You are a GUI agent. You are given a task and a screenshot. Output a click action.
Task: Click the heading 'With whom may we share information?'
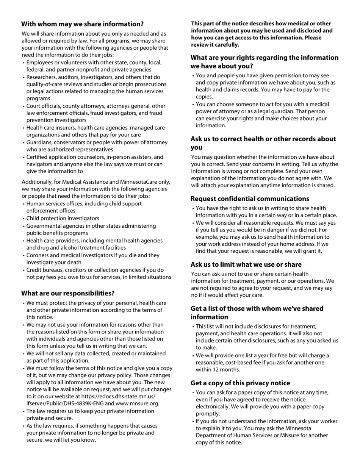(82, 24)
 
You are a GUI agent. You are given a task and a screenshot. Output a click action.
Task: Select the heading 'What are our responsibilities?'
(68, 293)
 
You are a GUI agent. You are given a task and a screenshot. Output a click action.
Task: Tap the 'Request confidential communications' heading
(250, 199)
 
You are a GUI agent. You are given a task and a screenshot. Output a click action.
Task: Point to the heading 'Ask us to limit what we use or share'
(246, 264)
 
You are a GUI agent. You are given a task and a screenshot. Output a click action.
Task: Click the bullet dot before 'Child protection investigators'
(24, 219)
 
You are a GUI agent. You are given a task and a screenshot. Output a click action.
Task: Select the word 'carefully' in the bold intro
(227, 45)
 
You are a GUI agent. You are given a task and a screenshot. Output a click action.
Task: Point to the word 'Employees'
(40, 63)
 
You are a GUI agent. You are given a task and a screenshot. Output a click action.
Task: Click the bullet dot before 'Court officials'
(24, 106)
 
